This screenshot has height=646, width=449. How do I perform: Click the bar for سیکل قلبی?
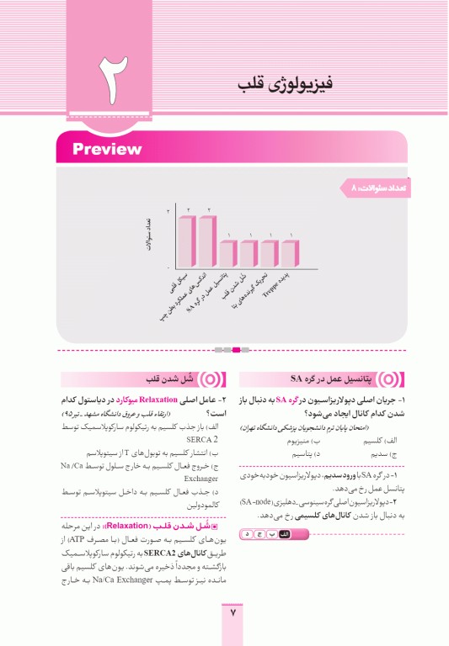point(185,240)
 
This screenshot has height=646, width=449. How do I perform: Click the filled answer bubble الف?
point(284,534)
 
